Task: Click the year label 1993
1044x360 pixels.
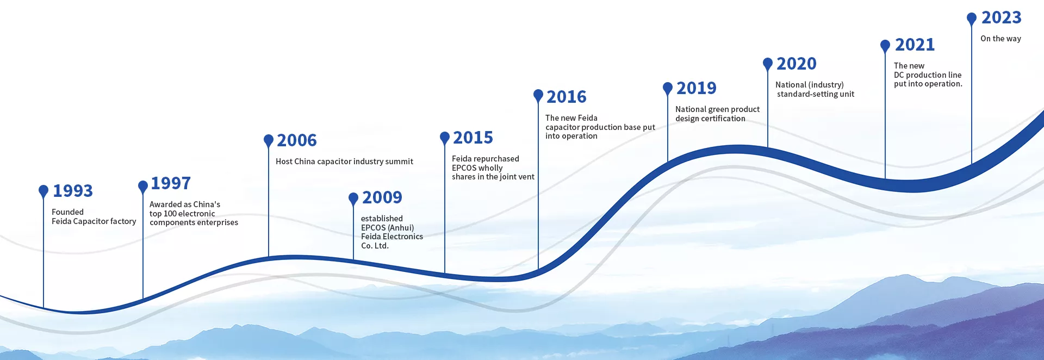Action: [73, 191]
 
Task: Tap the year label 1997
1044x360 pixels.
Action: [171, 183]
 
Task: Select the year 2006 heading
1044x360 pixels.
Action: [297, 140]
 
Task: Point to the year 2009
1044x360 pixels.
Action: [382, 197]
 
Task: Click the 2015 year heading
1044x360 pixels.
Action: [473, 138]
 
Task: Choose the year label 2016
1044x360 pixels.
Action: [567, 97]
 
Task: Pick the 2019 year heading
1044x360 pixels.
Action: [697, 88]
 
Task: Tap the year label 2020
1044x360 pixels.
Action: [797, 64]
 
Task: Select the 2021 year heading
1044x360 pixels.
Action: [915, 45]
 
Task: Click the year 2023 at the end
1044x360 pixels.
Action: [1002, 17]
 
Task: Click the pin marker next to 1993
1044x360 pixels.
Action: [43, 191]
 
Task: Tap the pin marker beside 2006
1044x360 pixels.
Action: [269, 141]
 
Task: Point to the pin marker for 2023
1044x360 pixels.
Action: [972, 19]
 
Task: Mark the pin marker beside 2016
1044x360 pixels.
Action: [538, 96]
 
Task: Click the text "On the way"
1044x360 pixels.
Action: [1000, 39]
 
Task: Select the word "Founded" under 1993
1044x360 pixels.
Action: [67, 212]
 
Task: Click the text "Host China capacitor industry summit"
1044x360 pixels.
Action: [344, 162]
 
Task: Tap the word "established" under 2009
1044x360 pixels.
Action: [382, 219]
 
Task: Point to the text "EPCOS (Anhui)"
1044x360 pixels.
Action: [388, 228]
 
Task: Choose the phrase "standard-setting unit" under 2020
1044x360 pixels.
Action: [816, 94]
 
